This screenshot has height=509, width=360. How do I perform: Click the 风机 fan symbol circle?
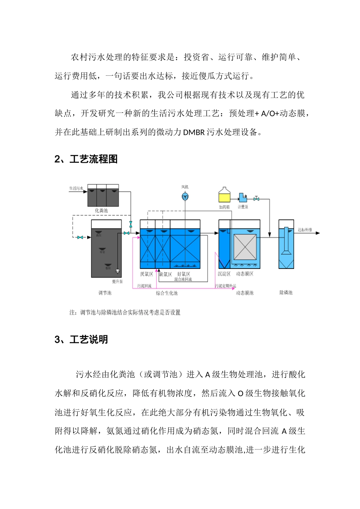coord(185,196)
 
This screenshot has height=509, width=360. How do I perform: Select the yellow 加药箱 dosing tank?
coord(224,197)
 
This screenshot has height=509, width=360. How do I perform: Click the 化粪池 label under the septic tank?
coord(101,211)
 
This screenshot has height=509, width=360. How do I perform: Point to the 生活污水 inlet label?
coord(76,188)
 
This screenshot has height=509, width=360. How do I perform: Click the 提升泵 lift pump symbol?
coord(117,270)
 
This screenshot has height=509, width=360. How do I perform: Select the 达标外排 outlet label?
coord(305,230)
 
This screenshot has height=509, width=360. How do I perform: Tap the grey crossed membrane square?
coord(245,247)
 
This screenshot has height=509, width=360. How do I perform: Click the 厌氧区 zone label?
coord(146,274)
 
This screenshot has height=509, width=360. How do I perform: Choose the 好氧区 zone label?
coord(183,274)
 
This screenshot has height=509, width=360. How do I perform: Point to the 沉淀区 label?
coord(224,274)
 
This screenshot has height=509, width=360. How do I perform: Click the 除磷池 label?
coord(286,293)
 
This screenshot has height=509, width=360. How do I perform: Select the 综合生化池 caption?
coord(167,293)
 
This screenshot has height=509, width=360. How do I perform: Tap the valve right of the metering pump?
coord(257,198)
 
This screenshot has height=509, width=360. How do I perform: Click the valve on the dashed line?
coord(80,237)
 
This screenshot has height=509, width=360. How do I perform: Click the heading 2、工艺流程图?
coord(86,159)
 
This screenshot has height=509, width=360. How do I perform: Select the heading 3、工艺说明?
coord(81,340)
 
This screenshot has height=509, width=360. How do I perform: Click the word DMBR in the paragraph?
coord(194,132)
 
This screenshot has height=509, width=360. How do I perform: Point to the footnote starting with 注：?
coord(125,312)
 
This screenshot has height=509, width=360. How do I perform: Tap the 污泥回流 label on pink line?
coord(144,286)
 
